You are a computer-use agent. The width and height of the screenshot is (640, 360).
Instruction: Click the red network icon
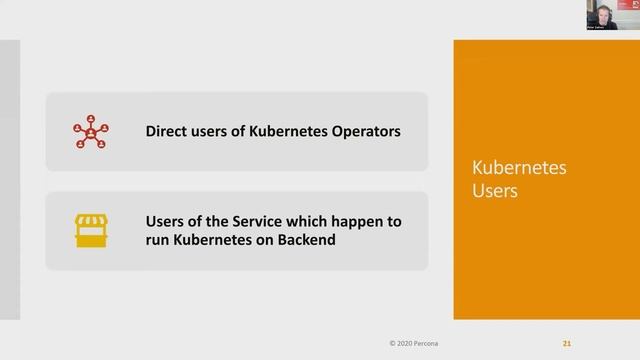[x=91, y=131]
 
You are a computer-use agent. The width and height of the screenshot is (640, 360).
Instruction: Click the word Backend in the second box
[x=302, y=241]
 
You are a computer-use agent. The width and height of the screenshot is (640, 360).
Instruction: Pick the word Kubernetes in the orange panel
[x=519, y=167]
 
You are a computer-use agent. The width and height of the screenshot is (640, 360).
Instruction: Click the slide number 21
[x=567, y=343]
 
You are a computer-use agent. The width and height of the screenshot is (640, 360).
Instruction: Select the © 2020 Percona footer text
[x=415, y=343]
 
